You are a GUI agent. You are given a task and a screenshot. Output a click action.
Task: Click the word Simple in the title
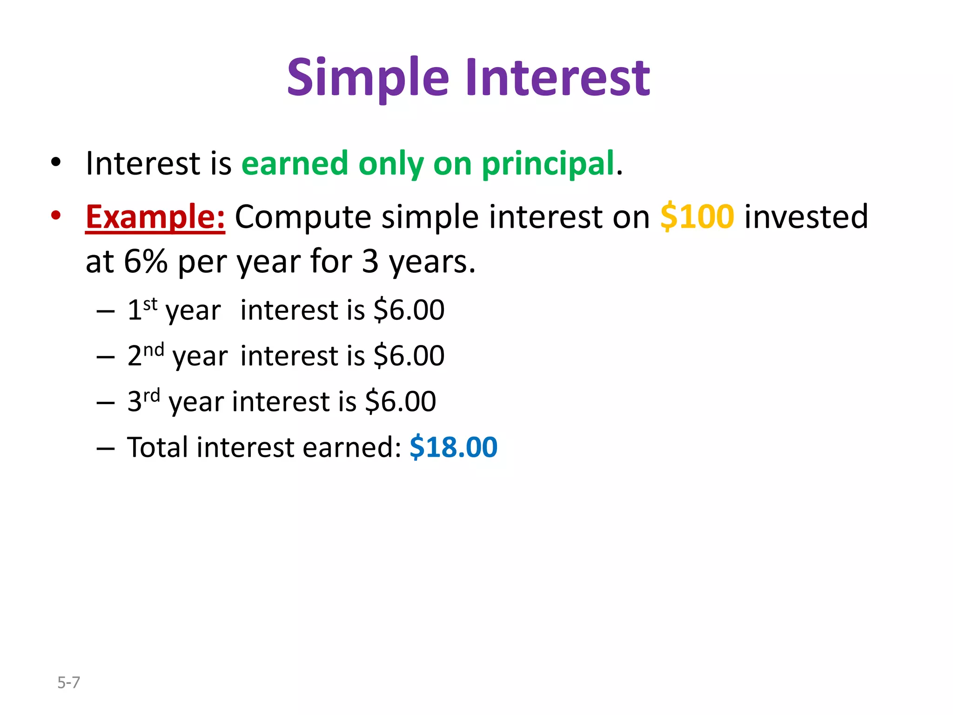[x=368, y=78]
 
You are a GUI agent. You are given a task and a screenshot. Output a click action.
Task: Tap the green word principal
[x=548, y=164]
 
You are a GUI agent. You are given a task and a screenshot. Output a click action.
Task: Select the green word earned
[x=295, y=164]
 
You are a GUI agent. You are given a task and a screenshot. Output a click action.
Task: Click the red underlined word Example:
[x=155, y=217]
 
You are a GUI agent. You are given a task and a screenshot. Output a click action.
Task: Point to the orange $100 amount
[x=697, y=217]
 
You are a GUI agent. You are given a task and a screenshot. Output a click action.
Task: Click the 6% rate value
[x=145, y=262]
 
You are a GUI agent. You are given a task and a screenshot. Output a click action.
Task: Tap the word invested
[x=806, y=217]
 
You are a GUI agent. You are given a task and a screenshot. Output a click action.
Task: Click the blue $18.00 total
[x=453, y=447]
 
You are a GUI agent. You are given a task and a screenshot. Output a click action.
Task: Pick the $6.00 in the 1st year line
[x=409, y=310]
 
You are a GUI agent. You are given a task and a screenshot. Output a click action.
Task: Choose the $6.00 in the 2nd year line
[x=409, y=356]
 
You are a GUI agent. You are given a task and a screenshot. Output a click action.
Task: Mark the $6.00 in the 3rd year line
[x=401, y=401]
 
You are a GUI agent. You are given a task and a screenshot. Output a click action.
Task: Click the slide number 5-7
[x=68, y=682]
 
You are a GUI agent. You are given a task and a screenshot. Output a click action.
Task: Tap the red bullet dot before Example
[x=56, y=216]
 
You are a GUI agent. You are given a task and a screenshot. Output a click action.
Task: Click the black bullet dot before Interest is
[x=56, y=162]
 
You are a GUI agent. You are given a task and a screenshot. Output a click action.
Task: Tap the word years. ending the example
[x=432, y=262]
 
